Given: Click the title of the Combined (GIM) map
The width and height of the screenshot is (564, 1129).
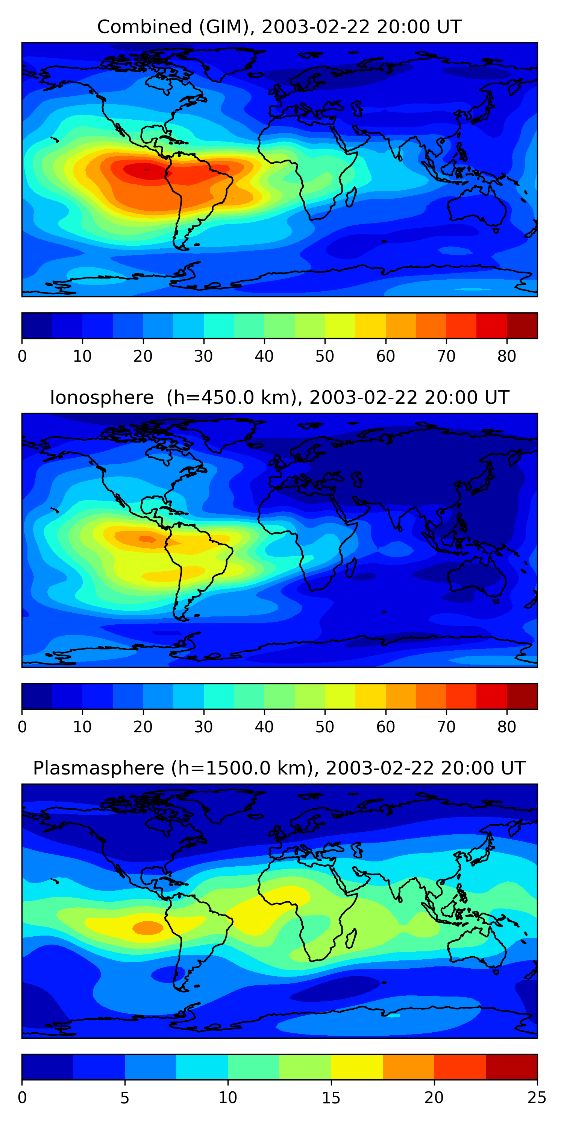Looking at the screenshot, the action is (279, 27).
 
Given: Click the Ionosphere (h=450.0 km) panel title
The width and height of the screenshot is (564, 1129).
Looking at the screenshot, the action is (279, 397).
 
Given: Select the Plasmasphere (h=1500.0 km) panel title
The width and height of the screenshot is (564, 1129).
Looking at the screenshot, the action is (279, 768).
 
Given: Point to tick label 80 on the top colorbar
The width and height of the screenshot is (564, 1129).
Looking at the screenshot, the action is (506, 356).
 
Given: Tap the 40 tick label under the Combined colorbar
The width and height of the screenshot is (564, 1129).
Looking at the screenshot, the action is (264, 356).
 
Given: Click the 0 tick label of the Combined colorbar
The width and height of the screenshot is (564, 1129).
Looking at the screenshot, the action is (22, 356).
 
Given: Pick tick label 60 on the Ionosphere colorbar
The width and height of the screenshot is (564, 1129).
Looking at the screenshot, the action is (385, 727).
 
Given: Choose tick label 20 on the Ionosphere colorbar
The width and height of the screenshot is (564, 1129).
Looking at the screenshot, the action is (143, 727).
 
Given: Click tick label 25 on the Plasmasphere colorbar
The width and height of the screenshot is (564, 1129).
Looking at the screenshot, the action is (537, 1098).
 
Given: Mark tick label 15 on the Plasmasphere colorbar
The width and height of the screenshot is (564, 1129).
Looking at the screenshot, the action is (331, 1098).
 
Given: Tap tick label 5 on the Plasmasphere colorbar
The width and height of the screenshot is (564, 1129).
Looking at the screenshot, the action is (125, 1098).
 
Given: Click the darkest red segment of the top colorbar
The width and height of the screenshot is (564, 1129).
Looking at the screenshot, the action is (522, 326).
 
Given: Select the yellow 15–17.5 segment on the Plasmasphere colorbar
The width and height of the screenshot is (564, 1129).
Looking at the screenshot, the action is (357, 1067).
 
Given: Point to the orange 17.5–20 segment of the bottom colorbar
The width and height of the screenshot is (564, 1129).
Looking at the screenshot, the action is (409, 1067).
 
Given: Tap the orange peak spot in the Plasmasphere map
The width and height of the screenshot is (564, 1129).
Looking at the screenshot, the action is (148, 928).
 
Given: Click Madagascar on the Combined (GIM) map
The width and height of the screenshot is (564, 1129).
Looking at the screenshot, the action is (351, 197).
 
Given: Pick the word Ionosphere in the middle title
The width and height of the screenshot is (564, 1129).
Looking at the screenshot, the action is (102, 397).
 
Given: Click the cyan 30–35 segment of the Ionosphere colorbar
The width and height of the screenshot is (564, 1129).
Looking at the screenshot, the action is (218, 697).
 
